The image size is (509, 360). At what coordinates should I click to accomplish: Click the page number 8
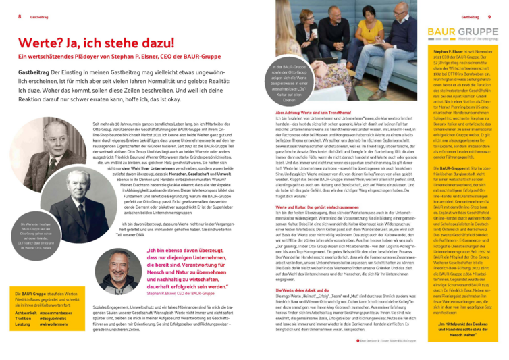[x=20, y=16]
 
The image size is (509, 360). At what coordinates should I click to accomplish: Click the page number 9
[x=488, y=16]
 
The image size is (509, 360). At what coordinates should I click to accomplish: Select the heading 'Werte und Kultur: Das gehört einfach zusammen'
[x=307, y=210]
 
